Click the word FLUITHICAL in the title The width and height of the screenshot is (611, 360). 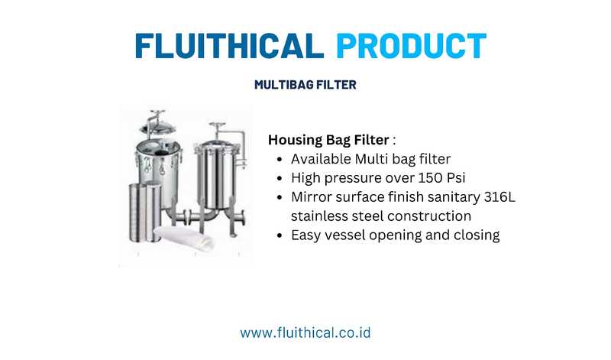click(x=230, y=46)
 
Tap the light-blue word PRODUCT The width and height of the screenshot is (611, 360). click(x=412, y=46)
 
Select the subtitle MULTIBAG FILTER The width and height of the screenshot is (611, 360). click(x=305, y=85)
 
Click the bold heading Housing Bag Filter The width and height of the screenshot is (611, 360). click(x=328, y=140)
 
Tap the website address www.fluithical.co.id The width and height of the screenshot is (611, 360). click(x=305, y=332)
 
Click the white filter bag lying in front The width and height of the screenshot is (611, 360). click(x=184, y=238)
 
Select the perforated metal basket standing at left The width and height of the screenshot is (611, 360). click(x=145, y=212)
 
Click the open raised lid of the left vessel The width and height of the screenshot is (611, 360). click(x=157, y=125)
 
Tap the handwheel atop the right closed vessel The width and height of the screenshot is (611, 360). click(x=218, y=125)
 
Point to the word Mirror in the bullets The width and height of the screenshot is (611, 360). click(x=311, y=197)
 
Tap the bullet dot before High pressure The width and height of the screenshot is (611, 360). click(x=279, y=179)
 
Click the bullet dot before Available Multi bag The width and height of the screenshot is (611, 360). click(x=279, y=160)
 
